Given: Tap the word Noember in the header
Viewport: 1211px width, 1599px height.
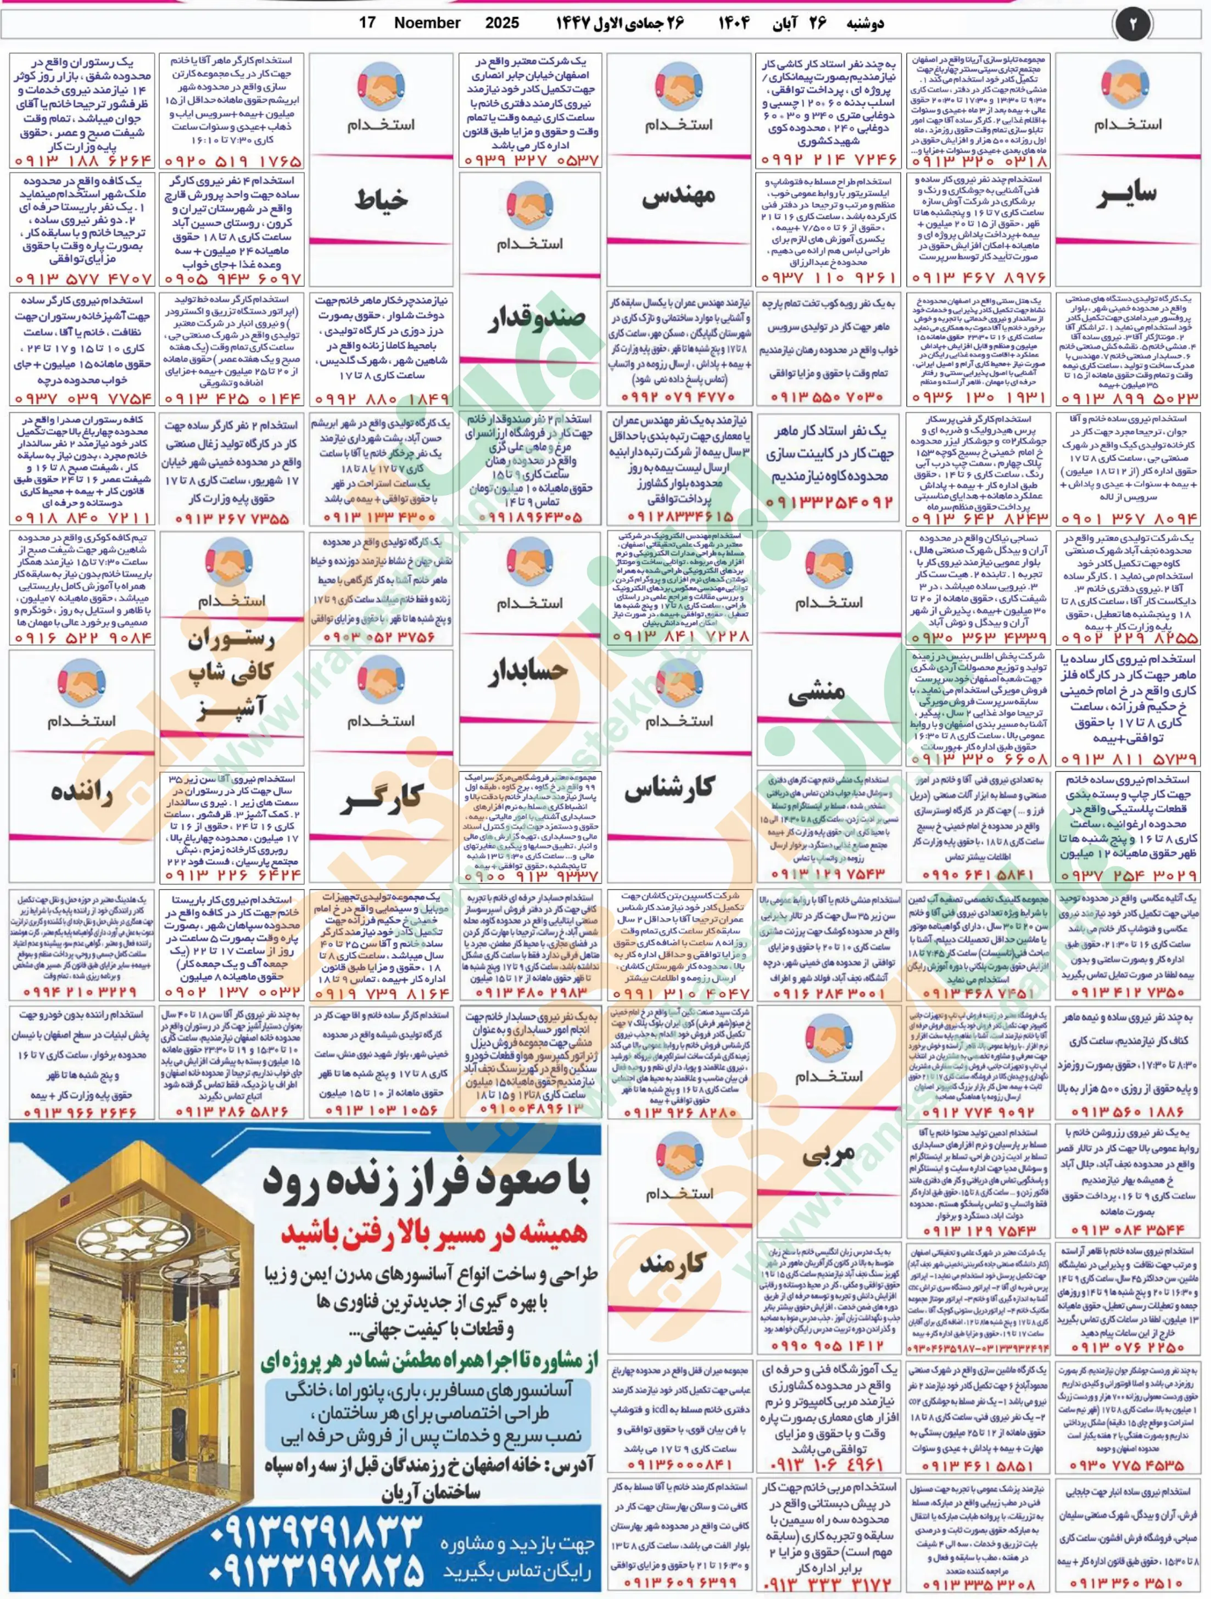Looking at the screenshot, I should pos(427,23).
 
